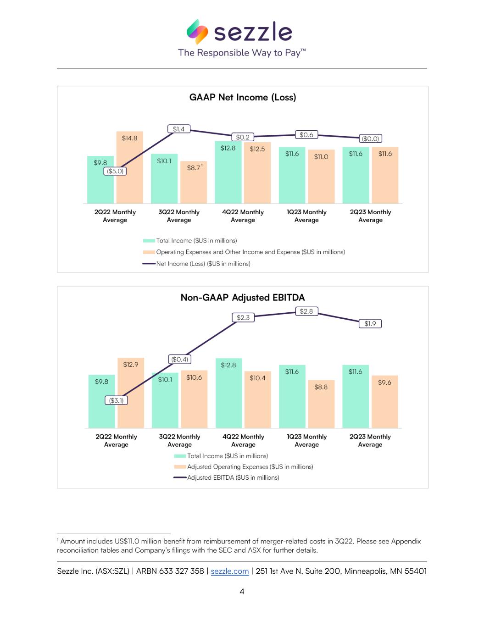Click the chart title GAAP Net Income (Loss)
coord(243,97)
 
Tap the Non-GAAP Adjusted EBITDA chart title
coord(243,298)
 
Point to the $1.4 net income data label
coord(178,129)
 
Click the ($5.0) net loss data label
coord(115,171)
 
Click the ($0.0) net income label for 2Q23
coord(370,138)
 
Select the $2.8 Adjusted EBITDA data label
coord(306,311)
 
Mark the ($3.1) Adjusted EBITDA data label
coord(116,400)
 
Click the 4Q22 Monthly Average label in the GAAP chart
coord(243,216)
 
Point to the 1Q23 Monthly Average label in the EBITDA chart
coord(306,441)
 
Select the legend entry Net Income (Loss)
coord(203,264)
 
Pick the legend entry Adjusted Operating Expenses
coord(250,467)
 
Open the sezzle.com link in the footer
coord(229,571)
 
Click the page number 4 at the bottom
coord(242,592)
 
